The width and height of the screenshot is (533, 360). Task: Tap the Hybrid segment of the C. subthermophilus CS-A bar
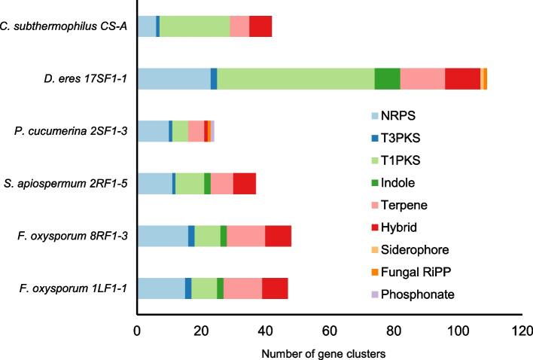(260, 26)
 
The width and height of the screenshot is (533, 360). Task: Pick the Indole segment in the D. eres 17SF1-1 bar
(387, 78)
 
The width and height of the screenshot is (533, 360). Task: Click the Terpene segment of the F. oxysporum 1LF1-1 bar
(242, 288)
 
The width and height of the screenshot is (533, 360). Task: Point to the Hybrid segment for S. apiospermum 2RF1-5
(244, 184)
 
